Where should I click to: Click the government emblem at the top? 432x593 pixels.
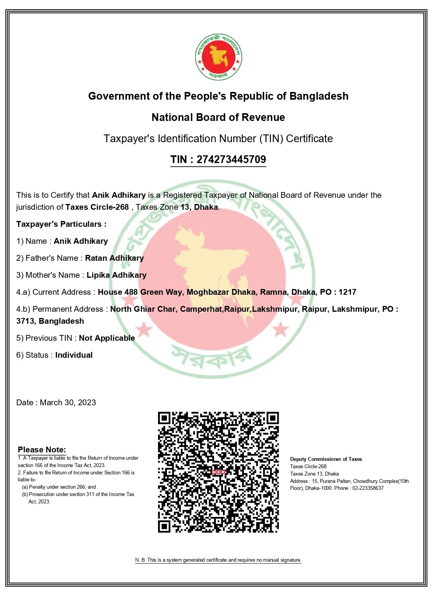coord(218,57)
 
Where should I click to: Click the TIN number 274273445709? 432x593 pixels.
coord(231,160)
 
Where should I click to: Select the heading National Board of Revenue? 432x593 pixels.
coord(218,117)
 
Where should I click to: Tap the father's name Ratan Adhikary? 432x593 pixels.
coord(114,258)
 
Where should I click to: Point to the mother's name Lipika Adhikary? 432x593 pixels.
coord(117,275)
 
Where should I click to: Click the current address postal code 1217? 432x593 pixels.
coord(347,292)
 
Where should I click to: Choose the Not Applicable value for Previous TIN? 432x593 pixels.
coord(107,338)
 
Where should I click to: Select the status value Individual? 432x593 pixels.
coord(74,355)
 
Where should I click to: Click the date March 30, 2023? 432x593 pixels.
coord(68,403)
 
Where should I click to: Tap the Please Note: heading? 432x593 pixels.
coord(42,450)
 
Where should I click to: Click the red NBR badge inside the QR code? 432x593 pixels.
coord(218,472)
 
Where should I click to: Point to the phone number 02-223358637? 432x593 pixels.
coord(368,488)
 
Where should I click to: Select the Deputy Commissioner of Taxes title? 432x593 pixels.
coord(326,459)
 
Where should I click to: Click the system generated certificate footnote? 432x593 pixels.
coord(218,560)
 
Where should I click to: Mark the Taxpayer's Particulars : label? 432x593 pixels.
coord(61,224)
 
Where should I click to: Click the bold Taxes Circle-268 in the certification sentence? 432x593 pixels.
coord(97,207)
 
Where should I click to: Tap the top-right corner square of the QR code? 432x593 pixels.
coord(272,418)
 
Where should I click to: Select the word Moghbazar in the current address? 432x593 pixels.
coord(207,292)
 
